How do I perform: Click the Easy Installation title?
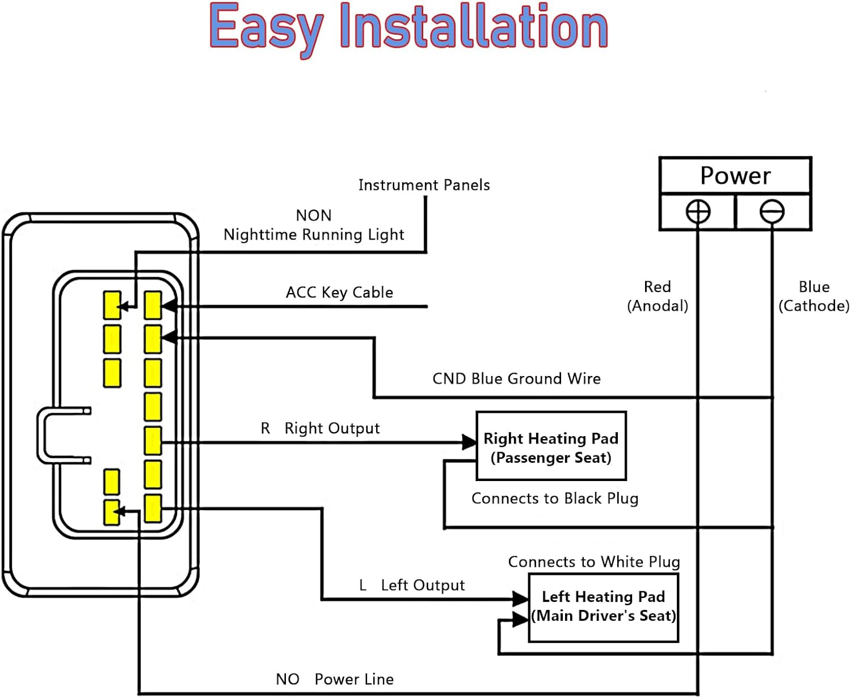coord(408,27)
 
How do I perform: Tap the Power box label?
coord(735,175)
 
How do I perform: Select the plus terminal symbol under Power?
coord(698,212)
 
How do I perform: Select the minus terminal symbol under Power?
coord(772,212)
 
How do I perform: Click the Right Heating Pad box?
coord(551,446)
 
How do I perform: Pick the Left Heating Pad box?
coord(604,607)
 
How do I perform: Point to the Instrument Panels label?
coord(424,185)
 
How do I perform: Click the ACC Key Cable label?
coord(339,292)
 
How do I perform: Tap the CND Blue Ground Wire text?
coord(516,379)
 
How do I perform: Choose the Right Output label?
coord(321,428)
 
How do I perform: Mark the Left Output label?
coord(412,586)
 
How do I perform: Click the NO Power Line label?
coord(335,679)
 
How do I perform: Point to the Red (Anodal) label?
coord(658,296)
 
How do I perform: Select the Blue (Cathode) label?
coord(814,296)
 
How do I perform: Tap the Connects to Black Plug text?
coord(555,499)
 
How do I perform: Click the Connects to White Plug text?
coord(594,562)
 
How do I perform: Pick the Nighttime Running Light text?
coord(314,235)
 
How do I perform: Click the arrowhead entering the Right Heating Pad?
coord(469,442)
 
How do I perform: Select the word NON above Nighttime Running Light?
coord(314,216)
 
